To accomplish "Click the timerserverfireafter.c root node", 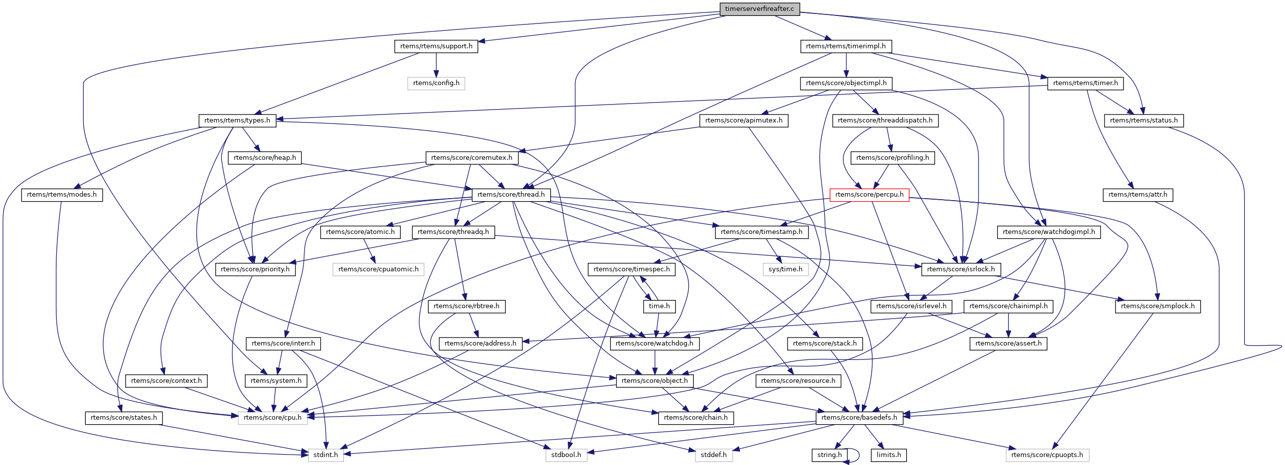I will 759,9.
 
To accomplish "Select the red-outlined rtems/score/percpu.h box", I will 869,195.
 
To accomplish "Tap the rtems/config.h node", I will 436,83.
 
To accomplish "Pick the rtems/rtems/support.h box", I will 436,46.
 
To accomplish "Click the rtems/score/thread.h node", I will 511,195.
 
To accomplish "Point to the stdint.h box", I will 326,455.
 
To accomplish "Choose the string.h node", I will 829,455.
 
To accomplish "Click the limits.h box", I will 888,455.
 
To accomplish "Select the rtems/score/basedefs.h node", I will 859,418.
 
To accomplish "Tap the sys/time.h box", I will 785,270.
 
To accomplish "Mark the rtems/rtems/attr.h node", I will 1137,195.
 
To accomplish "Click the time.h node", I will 659,307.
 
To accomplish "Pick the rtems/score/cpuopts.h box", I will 1047,455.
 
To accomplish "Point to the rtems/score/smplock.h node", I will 1157,307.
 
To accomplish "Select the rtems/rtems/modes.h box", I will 62,195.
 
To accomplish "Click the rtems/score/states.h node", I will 124,418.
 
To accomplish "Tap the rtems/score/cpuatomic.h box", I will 378,270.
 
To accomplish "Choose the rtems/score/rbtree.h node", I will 467,307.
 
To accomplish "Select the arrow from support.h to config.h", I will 436,65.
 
